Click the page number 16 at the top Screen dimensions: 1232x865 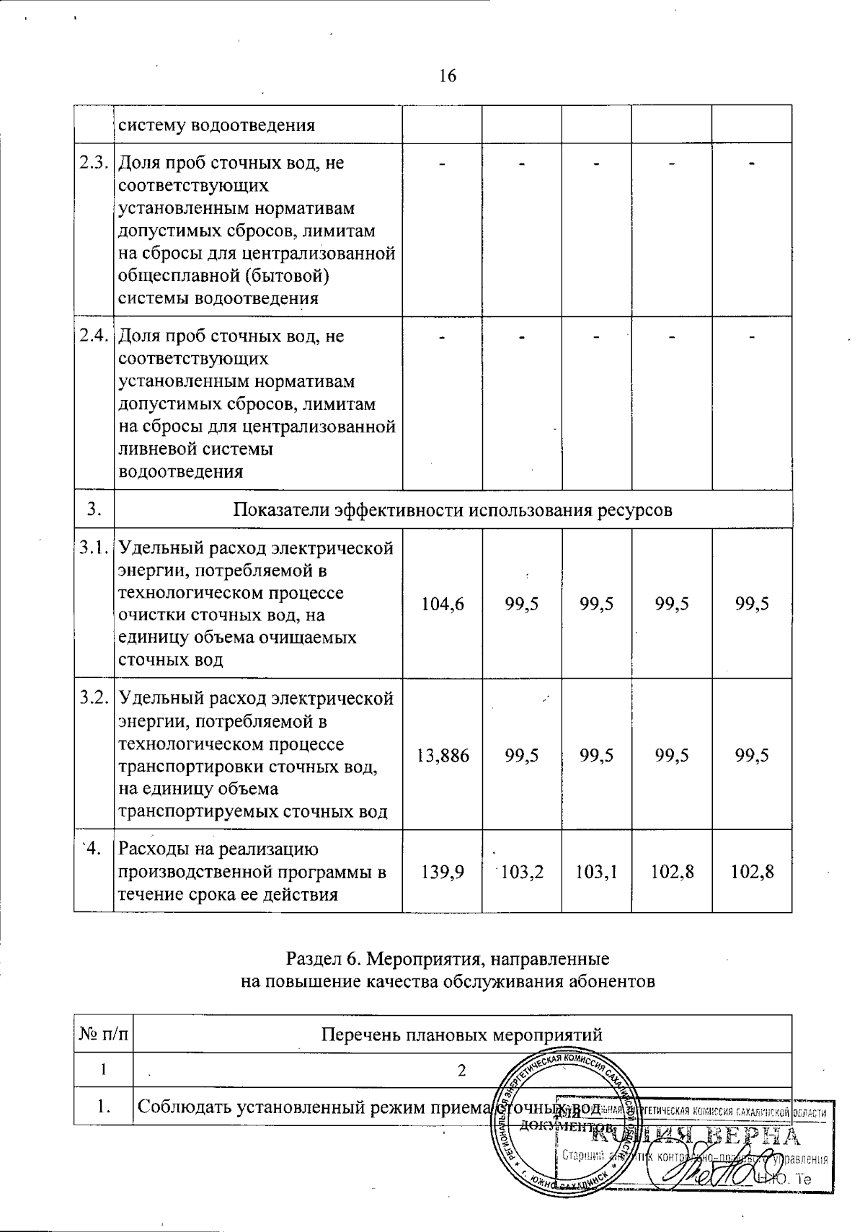[448, 76]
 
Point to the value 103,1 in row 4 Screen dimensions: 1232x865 [596, 872]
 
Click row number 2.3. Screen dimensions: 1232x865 [94, 162]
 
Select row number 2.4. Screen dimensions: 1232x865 [94, 336]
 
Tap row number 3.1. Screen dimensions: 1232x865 [94, 548]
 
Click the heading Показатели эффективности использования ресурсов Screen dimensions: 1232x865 [453, 510]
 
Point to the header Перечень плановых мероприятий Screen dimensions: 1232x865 [461, 1035]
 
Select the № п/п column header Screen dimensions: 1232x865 [104, 1035]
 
